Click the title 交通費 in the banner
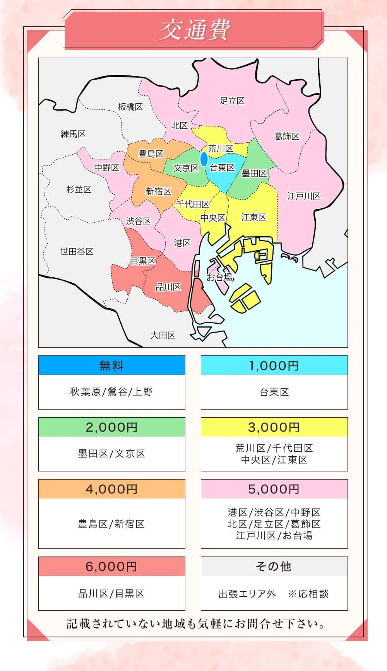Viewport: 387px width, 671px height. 195,30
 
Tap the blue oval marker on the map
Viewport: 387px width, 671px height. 204,159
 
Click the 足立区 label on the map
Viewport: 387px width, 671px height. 232,101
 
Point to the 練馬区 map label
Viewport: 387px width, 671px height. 73,134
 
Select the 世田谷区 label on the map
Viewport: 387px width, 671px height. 77,252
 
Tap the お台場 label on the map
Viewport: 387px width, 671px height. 219,277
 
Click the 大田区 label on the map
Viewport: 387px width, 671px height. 163,335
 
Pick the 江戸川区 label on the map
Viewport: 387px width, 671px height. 304,196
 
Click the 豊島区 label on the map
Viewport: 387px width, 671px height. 151,154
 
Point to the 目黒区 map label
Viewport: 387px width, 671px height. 143,261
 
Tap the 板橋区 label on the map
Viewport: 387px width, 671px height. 130,107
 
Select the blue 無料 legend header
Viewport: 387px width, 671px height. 111,365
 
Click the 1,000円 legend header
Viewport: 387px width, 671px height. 274,365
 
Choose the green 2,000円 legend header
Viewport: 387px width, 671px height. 111,427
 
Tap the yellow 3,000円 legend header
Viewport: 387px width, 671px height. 274,427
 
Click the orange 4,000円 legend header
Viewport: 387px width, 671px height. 111,489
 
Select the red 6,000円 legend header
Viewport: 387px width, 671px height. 111,567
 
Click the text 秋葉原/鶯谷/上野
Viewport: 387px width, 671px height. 111,392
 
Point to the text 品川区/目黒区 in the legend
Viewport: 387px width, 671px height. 111,594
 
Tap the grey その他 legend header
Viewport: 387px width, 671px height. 274,567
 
